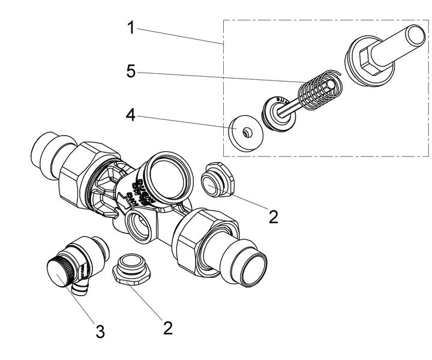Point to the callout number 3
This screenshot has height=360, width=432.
coord(100,331)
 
